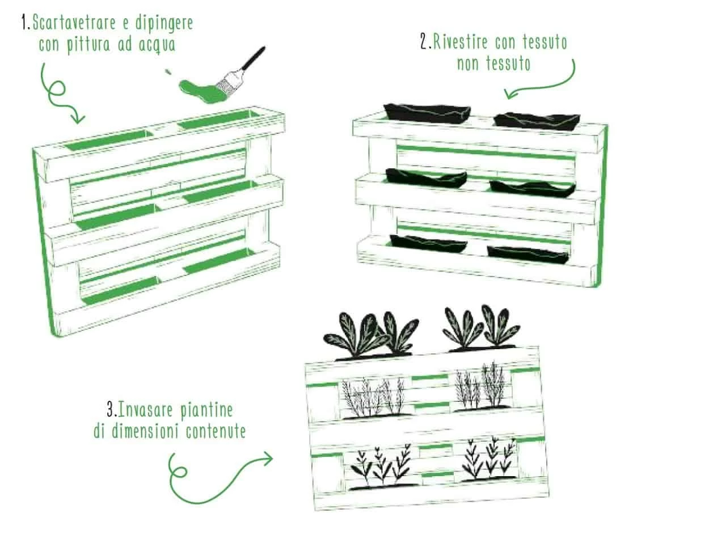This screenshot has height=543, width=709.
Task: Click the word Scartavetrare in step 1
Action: click(74, 23)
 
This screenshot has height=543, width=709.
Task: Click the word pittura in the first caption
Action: click(88, 45)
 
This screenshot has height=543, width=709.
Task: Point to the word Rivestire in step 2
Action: click(461, 42)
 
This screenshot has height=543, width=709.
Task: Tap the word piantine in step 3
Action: click(206, 410)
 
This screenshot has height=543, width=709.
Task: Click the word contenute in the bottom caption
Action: click(216, 431)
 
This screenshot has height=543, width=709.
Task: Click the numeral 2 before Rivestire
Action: click(424, 42)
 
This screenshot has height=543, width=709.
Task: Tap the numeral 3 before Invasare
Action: click(111, 410)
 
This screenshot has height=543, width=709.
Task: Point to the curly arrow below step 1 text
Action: click(56, 93)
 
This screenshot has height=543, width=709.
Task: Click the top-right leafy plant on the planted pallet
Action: click(481, 328)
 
